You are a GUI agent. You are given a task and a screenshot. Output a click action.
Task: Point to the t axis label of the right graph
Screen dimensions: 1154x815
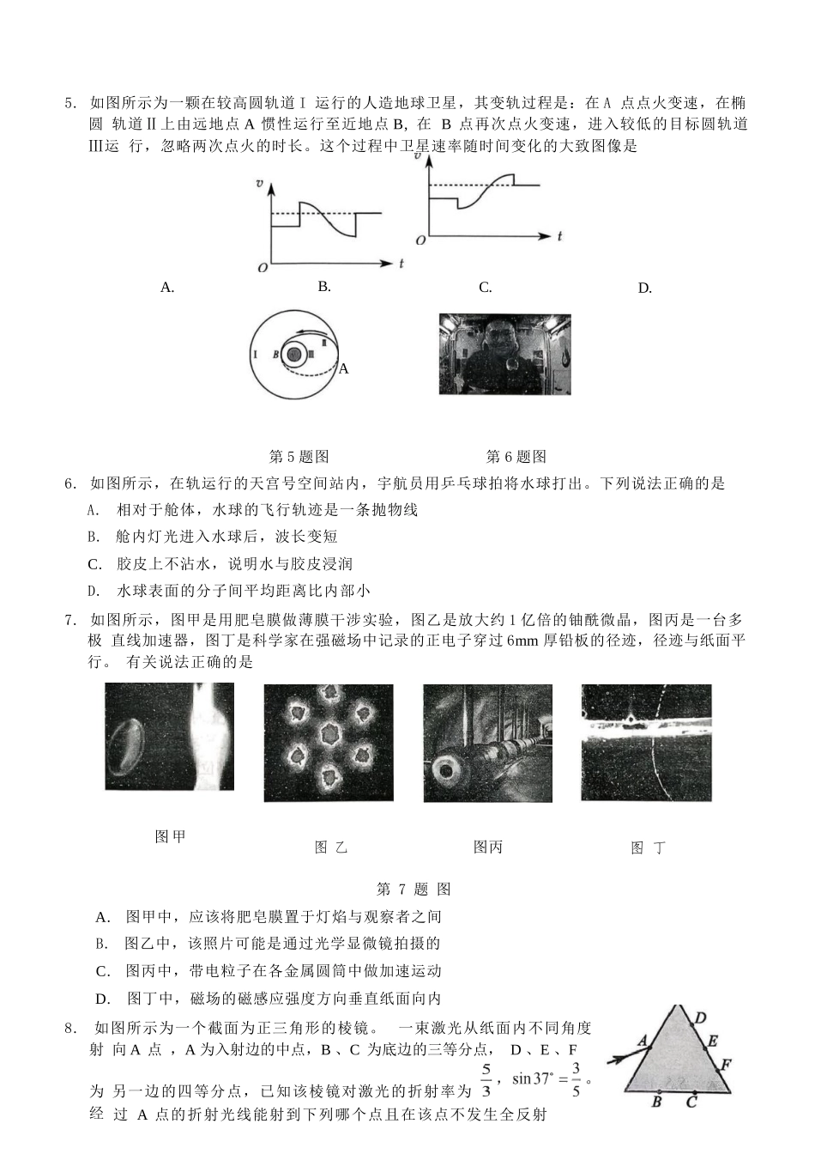point(558,234)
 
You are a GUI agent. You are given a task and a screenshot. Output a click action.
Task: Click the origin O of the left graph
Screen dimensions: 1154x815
point(262,268)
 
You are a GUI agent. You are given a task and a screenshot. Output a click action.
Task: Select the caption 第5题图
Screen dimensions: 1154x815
point(299,457)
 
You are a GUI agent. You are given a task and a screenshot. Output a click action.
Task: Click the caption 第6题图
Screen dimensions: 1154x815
point(516,457)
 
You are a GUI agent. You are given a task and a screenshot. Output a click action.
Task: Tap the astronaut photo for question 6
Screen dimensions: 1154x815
point(504,354)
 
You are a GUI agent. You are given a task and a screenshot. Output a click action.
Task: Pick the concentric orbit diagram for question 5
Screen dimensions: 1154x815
point(294,355)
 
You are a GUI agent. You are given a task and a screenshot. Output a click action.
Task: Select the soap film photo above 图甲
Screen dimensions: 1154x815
point(169,737)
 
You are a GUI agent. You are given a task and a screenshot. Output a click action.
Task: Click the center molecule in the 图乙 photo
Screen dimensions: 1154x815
point(329,734)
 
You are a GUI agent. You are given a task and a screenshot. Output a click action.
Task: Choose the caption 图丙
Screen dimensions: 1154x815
point(487,847)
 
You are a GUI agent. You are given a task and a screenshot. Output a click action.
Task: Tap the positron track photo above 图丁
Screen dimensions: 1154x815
point(646,743)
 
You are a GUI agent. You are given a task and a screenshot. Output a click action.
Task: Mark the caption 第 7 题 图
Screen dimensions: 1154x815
point(414,890)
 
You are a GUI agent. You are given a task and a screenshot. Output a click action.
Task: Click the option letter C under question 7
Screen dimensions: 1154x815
point(103,971)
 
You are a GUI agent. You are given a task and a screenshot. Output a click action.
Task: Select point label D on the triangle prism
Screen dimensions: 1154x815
point(700,1018)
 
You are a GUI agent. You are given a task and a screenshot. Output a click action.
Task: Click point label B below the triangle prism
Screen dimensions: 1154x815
point(656,1102)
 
